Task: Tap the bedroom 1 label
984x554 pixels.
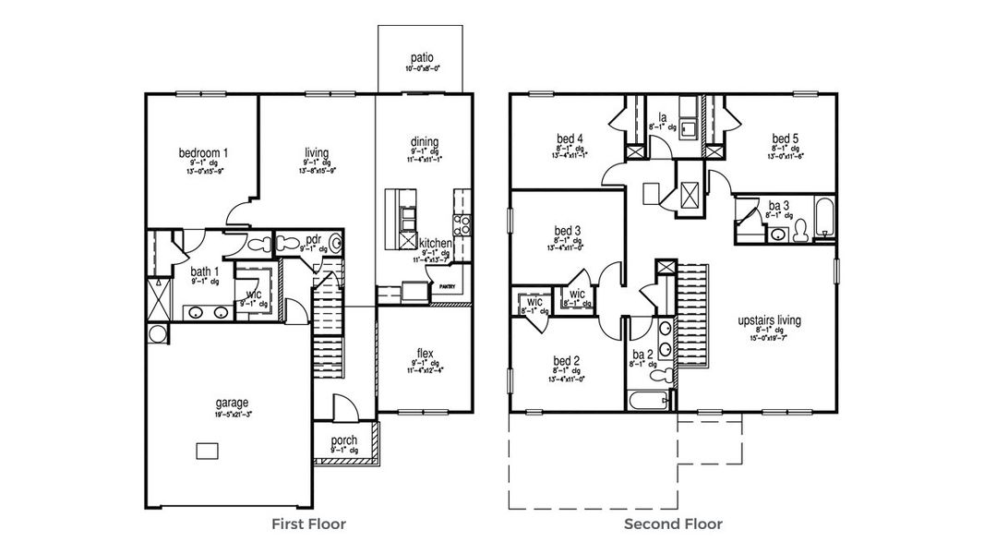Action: click(x=203, y=152)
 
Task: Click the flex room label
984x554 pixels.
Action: click(x=425, y=353)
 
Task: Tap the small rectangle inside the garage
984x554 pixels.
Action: click(x=207, y=450)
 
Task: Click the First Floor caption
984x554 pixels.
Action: click(x=308, y=524)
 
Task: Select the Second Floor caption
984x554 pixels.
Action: click(x=673, y=524)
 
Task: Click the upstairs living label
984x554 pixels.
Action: click(x=769, y=320)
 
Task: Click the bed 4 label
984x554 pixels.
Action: click(x=570, y=138)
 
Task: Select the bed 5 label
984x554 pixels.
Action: click(x=785, y=138)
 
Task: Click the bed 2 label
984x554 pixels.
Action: click(x=566, y=360)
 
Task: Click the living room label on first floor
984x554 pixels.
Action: click(x=318, y=152)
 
